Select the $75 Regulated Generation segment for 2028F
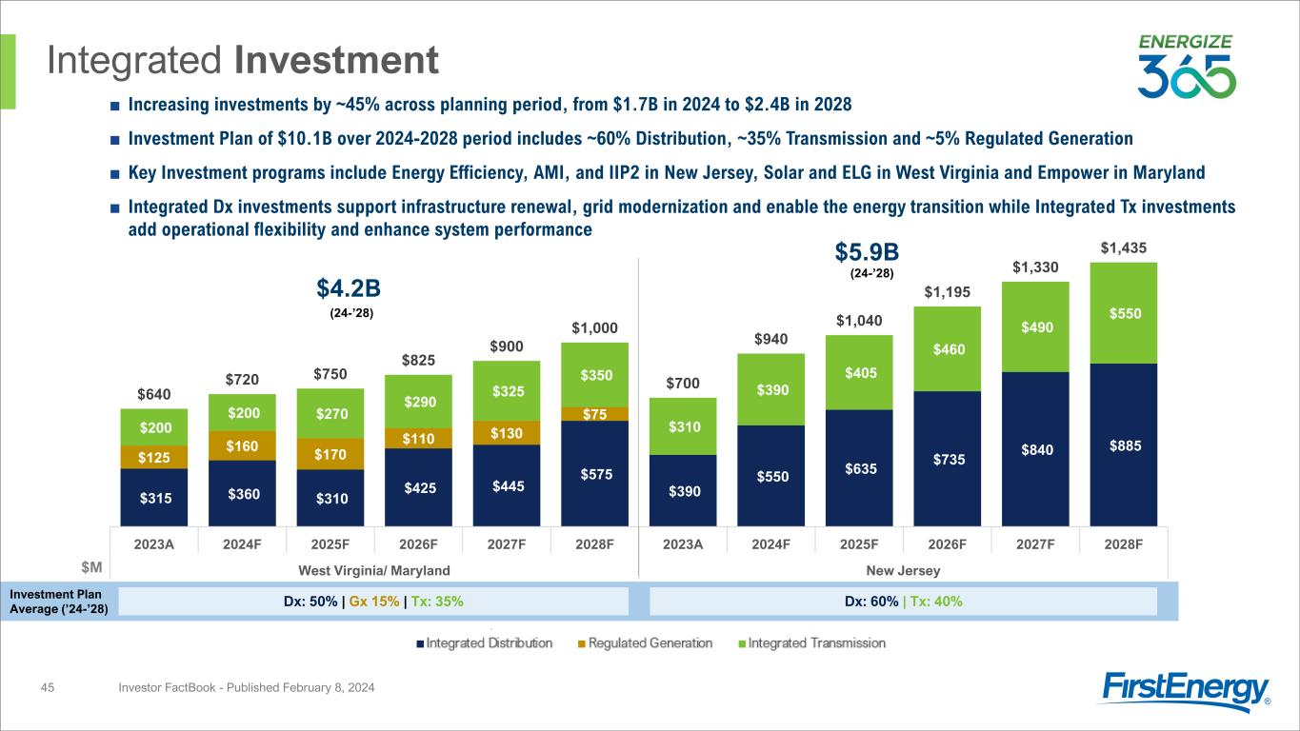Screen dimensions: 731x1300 click(x=594, y=413)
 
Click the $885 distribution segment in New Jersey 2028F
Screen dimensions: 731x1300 click(x=1123, y=444)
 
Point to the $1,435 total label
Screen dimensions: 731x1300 click(x=1123, y=247)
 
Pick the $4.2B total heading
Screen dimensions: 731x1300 click(x=349, y=287)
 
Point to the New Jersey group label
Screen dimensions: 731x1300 click(x=903, y=569)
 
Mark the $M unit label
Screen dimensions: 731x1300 click(x=91, y=568)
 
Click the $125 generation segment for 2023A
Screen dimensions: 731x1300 click(x=153, y=458)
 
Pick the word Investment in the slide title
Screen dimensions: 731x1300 click(x=336, y=61)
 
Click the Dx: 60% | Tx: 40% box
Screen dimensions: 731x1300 click(x=902, y=601)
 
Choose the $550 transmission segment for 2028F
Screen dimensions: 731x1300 click(x=1123, y=312)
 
